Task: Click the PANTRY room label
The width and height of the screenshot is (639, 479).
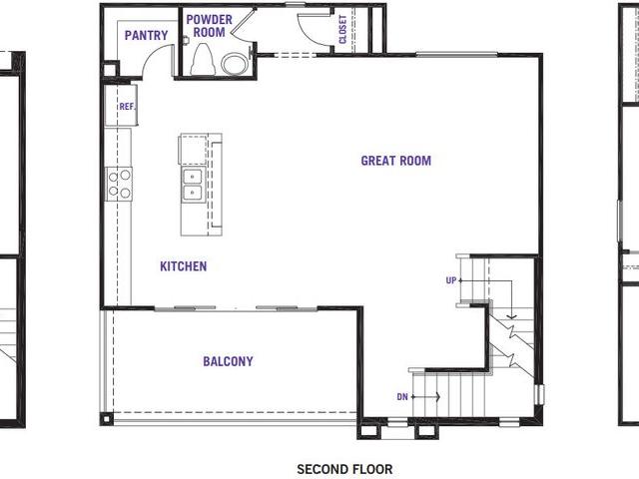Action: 146,36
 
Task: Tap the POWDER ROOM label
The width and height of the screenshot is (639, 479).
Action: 209,26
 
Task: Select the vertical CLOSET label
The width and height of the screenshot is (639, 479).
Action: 342,29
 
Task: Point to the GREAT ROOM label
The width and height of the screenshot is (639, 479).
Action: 395,161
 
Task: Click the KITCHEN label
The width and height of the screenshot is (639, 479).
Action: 184,266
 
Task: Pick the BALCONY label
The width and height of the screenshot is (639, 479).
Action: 228,361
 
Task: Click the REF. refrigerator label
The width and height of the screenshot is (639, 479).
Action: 127,107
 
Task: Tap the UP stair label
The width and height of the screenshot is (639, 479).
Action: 450,280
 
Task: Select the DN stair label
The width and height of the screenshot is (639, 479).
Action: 402,396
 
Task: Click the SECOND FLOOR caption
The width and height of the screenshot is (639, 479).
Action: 344,469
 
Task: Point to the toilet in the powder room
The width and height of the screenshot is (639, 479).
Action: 203,60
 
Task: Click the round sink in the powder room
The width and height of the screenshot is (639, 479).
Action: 235,64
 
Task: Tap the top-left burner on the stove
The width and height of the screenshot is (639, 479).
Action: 113,177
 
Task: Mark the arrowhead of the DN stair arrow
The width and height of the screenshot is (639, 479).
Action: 438,396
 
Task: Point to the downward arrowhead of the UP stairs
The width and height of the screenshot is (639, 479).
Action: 512,316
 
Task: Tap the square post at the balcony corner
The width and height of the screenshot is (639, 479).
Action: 107,419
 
